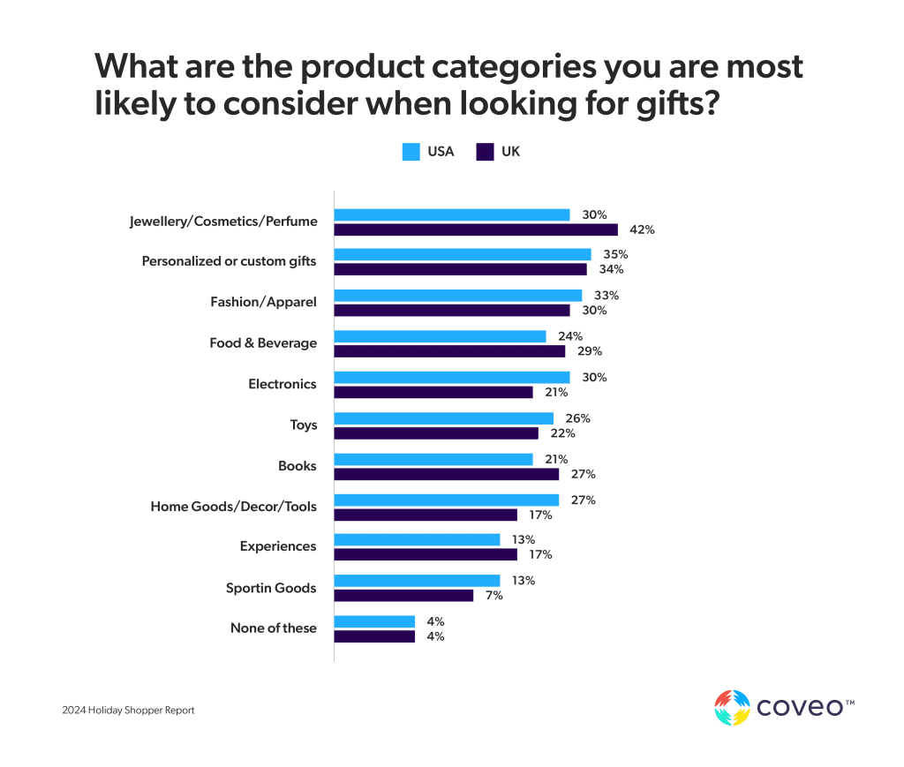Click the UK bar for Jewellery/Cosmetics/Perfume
pos(476,229)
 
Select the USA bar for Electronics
pos(452,377)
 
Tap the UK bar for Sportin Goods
pos(403,596)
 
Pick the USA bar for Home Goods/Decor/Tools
pos(447,500)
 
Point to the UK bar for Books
pos(447,474)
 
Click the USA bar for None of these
pos(374,621)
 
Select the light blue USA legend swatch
pos(411,152)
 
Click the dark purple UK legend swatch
pos(485,152)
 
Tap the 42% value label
pos(642,229)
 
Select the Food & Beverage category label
pos(263,343)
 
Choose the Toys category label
pos(304,425)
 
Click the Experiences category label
pos(278,546)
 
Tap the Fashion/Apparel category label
pos(263,303)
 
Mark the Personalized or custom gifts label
pos(230,262)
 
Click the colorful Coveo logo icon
pos(732,707)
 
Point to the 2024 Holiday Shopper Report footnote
pos(128,711)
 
